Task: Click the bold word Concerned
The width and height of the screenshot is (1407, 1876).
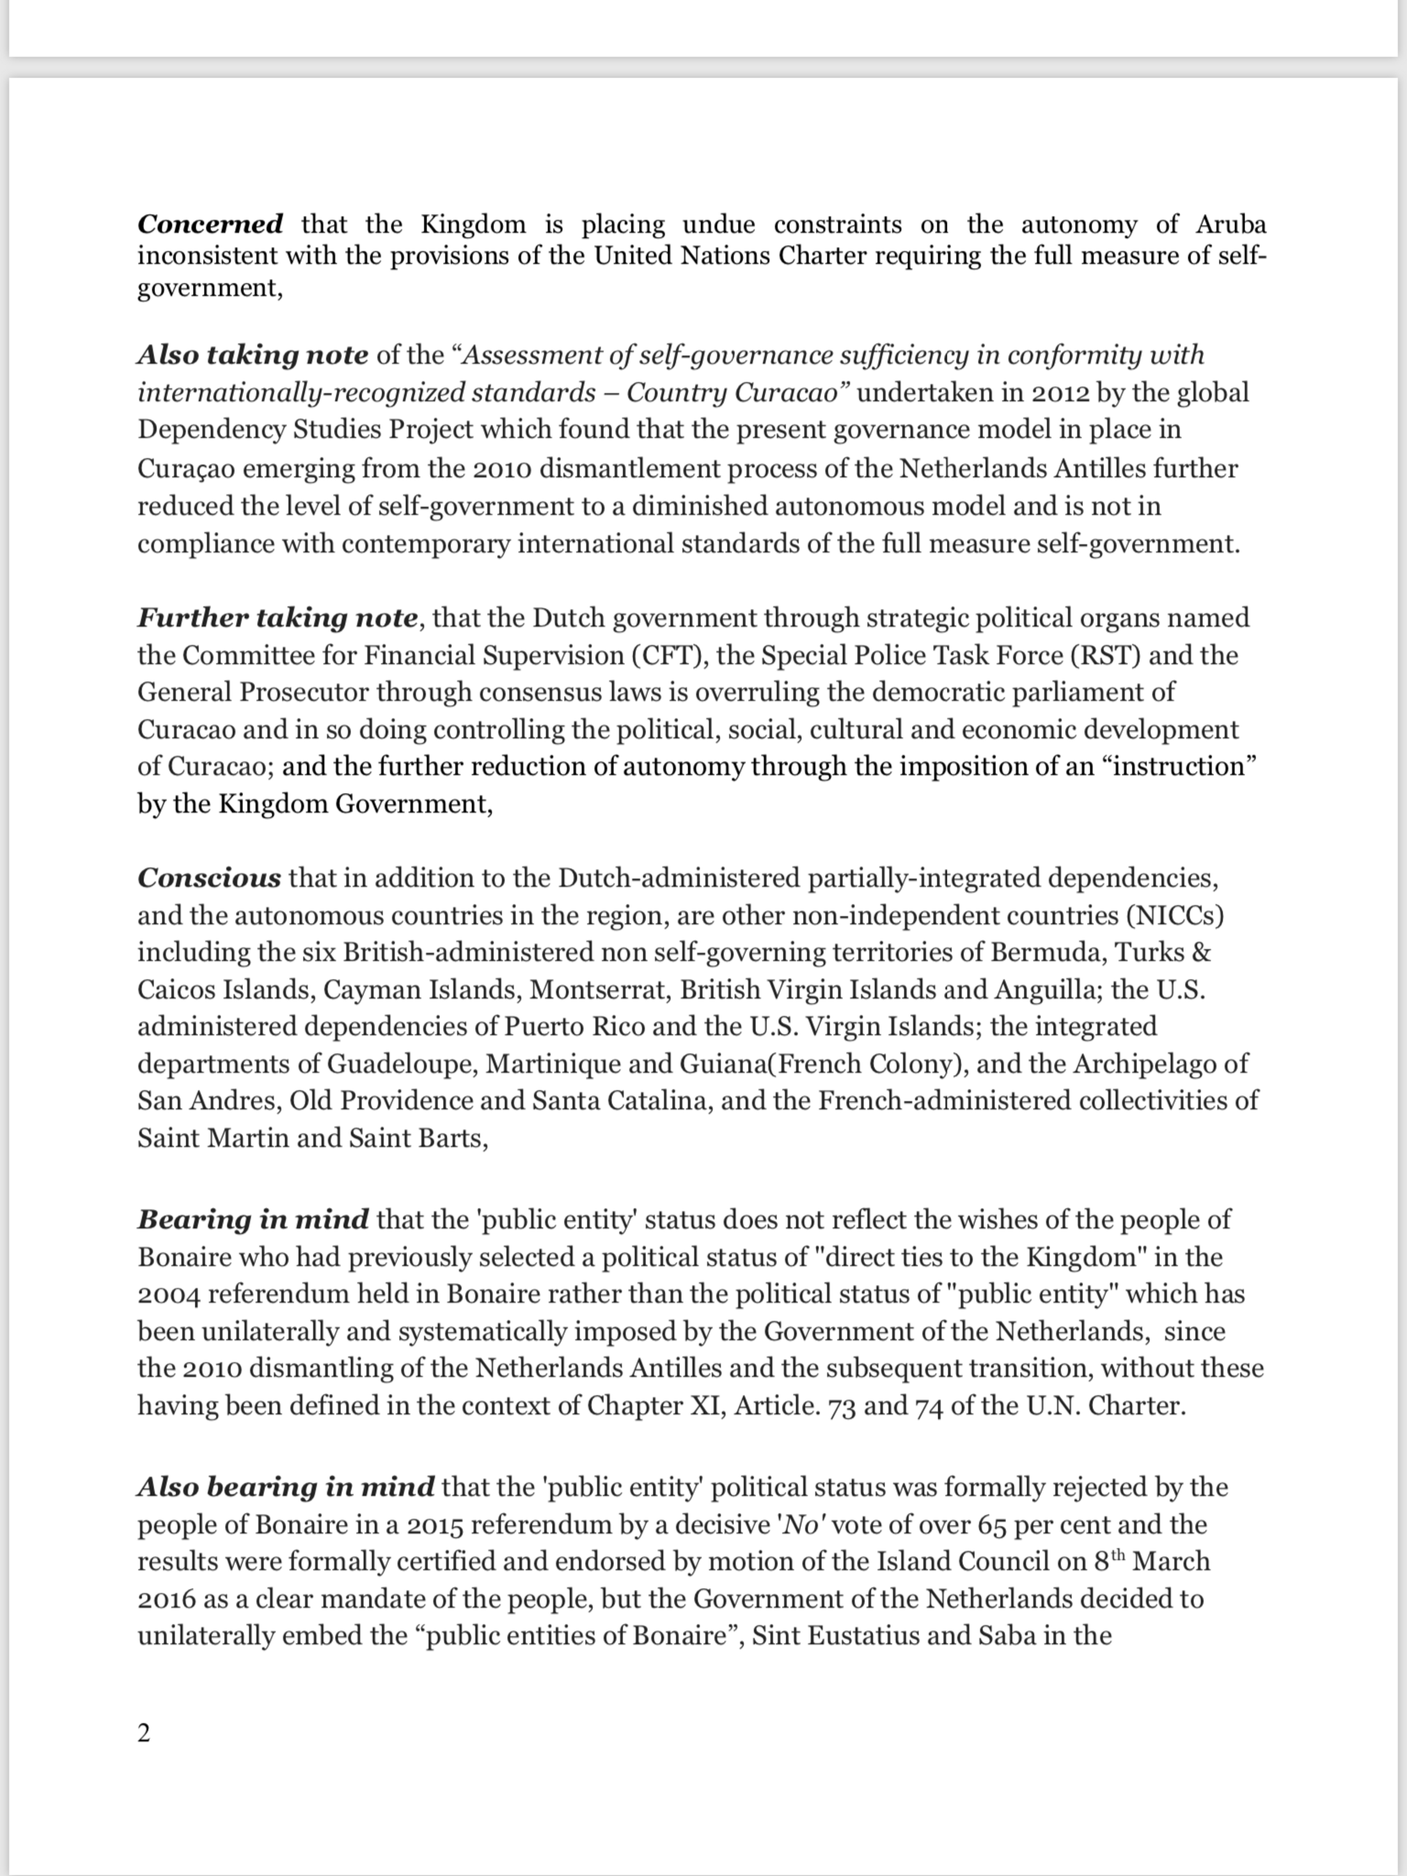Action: click(x=210, y=224)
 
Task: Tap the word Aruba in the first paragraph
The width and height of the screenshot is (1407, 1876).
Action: click(x=1230, y=224)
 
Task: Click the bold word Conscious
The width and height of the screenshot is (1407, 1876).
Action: click(x=208, y=878)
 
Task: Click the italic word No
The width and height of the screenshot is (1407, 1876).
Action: click(x=799, y=1525)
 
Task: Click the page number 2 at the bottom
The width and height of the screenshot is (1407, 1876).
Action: click(x=144, y=1733)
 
